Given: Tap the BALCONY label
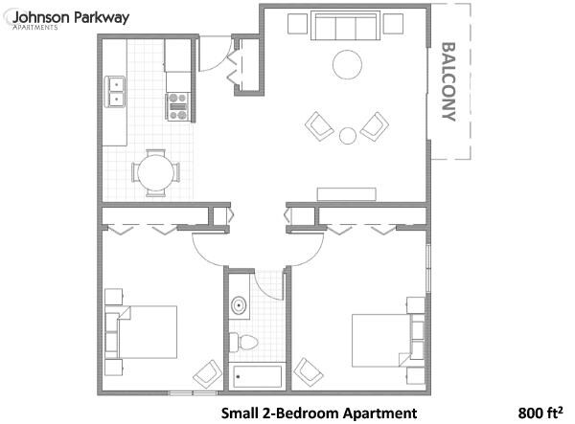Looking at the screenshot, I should click(448, 83).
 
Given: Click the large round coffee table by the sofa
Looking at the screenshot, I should click(347, 65).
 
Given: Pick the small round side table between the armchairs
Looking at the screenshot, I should click(347, 135).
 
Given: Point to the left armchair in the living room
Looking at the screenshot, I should click(319, 125).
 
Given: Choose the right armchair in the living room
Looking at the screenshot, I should click(374, 125).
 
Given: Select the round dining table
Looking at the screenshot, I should click(154, 173).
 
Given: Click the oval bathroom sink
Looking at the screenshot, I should click(239, 307).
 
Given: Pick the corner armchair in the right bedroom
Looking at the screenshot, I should click(307, 371).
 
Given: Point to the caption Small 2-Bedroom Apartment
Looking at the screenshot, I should click(319, 413).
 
